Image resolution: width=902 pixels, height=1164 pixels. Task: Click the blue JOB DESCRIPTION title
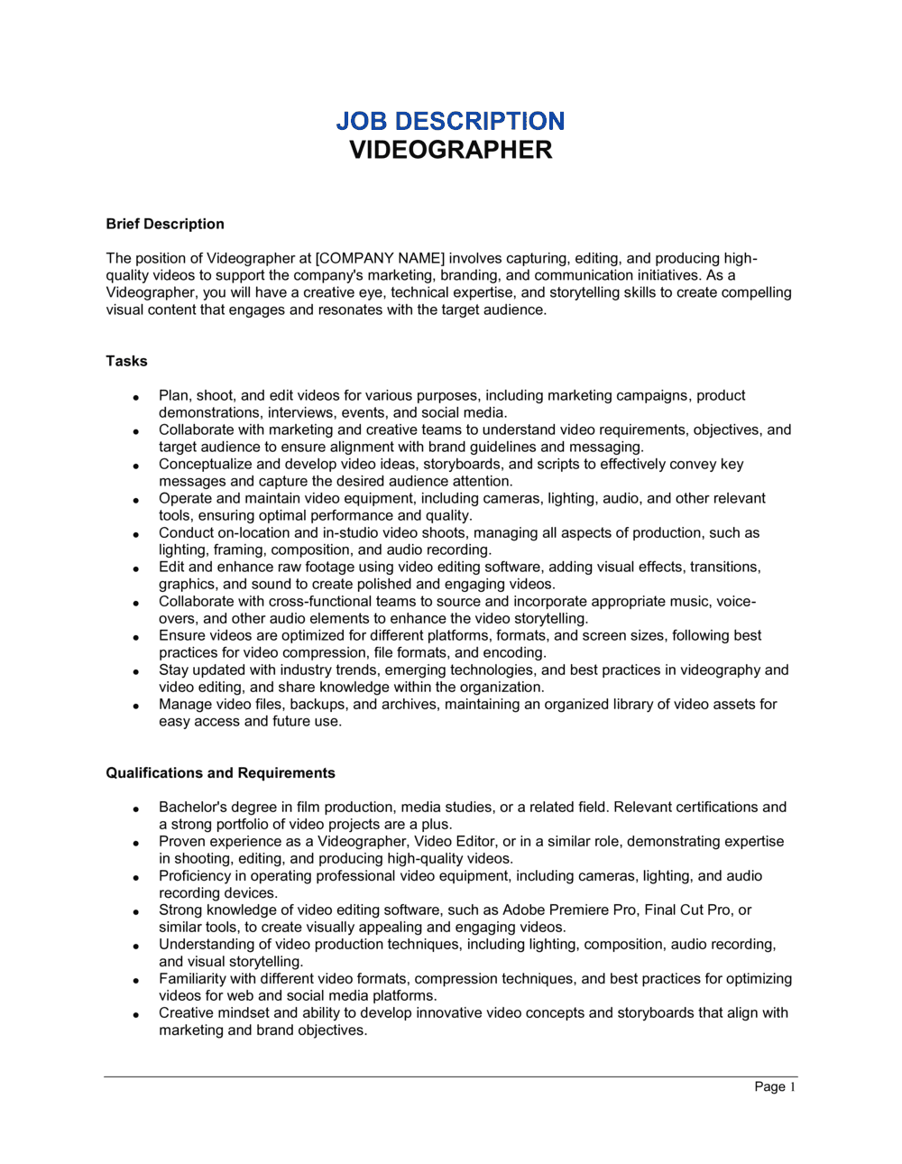(450, 121)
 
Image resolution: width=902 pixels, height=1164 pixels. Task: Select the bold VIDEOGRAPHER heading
(450, 150)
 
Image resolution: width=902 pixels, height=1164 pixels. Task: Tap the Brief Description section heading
(165, 224)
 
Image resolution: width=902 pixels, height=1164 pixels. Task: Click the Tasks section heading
(126, 361)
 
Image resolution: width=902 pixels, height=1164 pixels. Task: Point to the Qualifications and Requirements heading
(220, 773)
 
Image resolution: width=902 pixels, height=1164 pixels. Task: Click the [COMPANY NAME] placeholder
(380, 258)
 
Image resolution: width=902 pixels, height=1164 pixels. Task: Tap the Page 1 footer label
(775, 1086)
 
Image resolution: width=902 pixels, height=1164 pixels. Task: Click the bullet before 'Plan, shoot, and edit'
(135, 397)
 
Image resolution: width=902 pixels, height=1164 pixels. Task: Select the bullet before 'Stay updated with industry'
(135, 671)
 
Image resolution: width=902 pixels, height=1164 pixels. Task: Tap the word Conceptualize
(206, 464)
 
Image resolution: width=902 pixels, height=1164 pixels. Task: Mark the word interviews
(300, 412)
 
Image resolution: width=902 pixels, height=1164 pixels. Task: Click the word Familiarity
(192, 978)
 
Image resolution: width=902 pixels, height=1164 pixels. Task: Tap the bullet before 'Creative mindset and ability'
(135, 1014)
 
